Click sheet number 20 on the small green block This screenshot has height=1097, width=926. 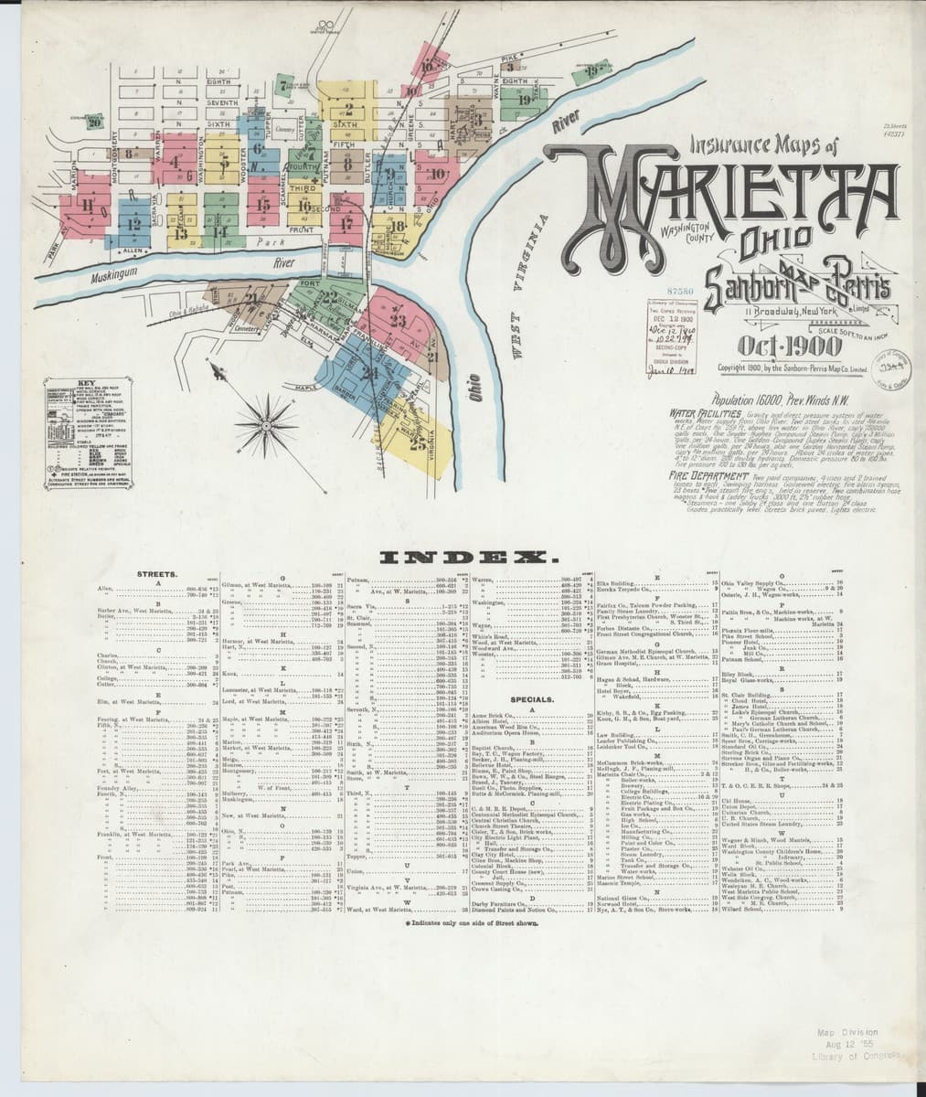[93, 126]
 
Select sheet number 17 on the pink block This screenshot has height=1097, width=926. [346, 222]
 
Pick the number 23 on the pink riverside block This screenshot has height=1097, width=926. [397, 320]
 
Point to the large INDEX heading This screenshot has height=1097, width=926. [463, 557]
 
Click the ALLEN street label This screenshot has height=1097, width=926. [133, 249]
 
